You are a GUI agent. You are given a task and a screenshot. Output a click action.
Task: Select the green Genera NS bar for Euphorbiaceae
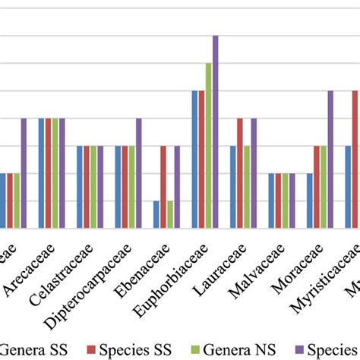tap(208, 145)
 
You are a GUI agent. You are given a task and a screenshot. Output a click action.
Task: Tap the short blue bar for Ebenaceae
tap(156, 214)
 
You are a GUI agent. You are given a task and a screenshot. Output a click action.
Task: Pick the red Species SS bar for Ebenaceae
tap(163, 187)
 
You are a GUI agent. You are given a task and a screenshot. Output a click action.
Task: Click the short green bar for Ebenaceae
tap(170, 214)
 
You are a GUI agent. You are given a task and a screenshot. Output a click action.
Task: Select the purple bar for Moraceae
tap(330, 159)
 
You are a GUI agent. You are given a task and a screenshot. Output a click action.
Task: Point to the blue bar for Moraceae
tap(310, 201)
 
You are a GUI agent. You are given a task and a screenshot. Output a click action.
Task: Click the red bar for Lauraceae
tap(240, 173)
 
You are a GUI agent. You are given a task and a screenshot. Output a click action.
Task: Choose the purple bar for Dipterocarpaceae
tap(138, 173)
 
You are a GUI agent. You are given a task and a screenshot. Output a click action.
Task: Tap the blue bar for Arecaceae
tap(42, 173)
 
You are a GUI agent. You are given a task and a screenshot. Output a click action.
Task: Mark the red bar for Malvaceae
tap(279, 201)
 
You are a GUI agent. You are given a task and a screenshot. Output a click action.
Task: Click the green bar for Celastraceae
tap(93, 187)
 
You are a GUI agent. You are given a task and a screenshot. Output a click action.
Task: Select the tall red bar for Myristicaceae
tap(355, 159)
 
